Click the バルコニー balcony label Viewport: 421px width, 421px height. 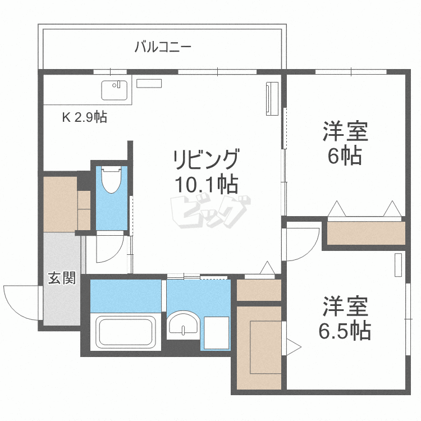point(163,46)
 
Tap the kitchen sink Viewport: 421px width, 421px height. point(115,90)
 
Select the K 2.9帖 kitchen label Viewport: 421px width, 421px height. point(84,117)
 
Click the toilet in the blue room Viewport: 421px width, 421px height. point(112,180)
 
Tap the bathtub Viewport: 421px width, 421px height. point(126,332)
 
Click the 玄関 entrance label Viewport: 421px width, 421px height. point(61,277)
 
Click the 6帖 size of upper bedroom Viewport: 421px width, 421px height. point(345,155)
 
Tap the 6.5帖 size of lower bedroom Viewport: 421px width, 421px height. point(345,331)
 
